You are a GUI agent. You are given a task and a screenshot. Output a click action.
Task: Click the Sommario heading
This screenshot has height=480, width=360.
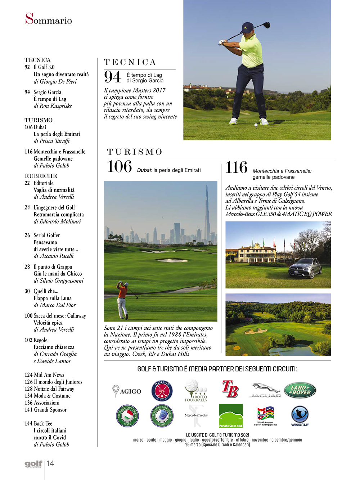48,19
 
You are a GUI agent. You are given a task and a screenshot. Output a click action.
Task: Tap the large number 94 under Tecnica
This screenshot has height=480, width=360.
113,77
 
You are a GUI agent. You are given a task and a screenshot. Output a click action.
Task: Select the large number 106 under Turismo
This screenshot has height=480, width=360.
120,167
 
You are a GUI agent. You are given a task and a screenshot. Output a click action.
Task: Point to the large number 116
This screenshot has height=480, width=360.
236,168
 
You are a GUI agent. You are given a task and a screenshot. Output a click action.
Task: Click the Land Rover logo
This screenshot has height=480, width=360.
300,390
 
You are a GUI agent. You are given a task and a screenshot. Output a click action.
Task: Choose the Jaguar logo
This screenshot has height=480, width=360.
265,390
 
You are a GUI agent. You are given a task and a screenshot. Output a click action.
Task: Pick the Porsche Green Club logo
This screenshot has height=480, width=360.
231,416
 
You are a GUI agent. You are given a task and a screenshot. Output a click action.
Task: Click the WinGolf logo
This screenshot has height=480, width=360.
300,416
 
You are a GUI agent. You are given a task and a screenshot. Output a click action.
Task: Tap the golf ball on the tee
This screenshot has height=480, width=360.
256,125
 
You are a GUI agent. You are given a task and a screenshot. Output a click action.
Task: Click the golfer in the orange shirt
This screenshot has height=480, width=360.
123,300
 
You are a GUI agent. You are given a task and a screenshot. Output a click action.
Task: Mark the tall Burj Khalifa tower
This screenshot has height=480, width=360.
207,212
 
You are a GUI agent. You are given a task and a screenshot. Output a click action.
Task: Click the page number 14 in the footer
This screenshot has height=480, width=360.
50,463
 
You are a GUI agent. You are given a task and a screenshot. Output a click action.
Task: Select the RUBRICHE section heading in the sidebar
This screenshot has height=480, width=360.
41,176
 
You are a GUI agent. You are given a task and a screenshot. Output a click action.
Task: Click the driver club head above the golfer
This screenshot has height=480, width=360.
267,25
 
